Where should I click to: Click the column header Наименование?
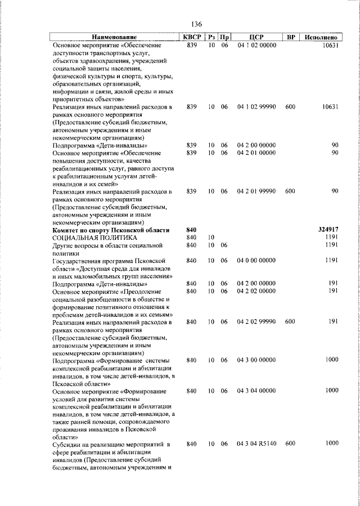click(115, 37)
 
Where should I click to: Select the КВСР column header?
click(191, 37)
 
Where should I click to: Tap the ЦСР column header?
click(256, 37)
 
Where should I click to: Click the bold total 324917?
click(327, 230)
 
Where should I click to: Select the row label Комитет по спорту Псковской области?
click(110, 230)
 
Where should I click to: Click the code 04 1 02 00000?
click(256, 45)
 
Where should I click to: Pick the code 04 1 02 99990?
click(256, 106)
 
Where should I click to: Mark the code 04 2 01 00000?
click(256, 153)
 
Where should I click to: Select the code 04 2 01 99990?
click(256, 191)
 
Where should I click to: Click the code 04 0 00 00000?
click(256, 261)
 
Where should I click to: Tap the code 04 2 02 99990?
click(256, 321)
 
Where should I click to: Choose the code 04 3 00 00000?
click(256, 360)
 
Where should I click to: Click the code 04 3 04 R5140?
click(256, 444)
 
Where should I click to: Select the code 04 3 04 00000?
click(256, 390)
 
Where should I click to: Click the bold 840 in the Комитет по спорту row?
click(191, 230)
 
